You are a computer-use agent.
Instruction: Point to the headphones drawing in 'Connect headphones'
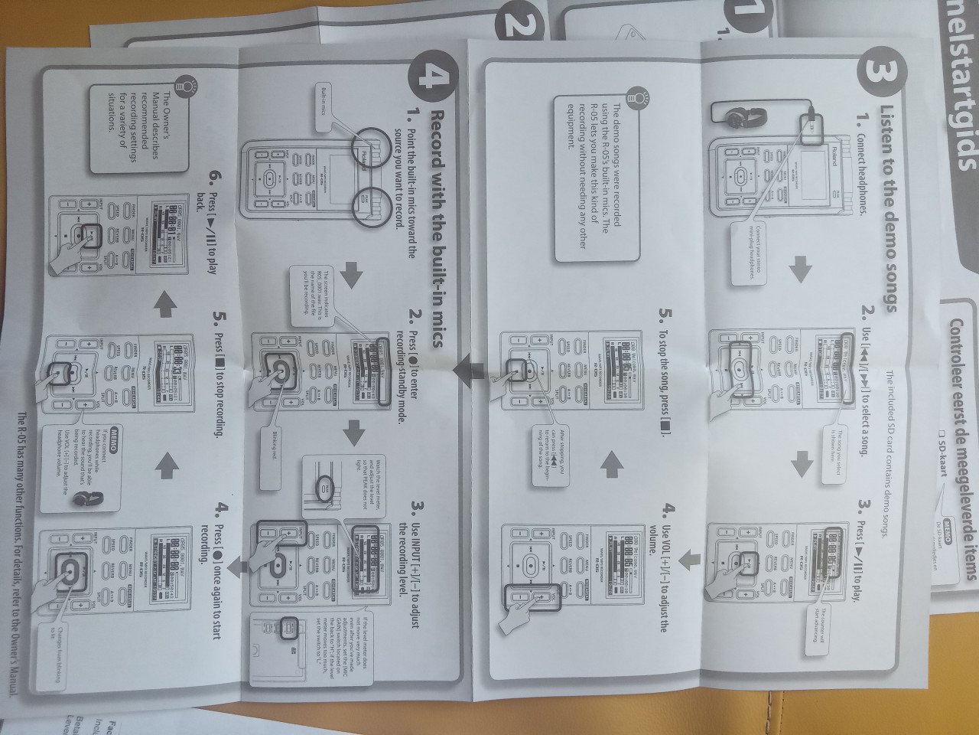(x=738, y=116)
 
